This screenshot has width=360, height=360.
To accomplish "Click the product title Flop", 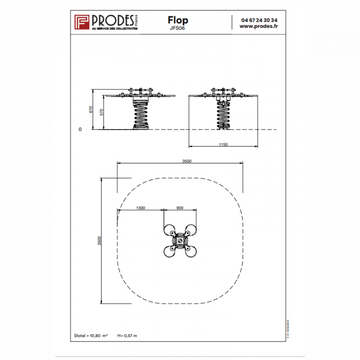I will pyautogui.click(x=177, y=20).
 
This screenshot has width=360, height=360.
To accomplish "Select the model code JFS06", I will pyautogui.click(x=177, y=29).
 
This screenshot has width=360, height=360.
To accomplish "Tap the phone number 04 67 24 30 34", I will pyautogui.click(x=259, y=20).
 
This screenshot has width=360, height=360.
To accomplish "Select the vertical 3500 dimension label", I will pyautogui.click(x=100, y=241).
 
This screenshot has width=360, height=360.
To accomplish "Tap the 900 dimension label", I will pyautogui.click(x=179, y=208).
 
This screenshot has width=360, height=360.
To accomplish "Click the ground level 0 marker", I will pyautogui.click(x=80, y=130).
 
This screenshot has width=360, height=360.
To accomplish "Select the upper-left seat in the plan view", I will pyautogui.click(x=169, y=230).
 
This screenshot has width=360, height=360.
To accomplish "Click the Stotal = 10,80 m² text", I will pyautogui.click(x=90, y=335).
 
